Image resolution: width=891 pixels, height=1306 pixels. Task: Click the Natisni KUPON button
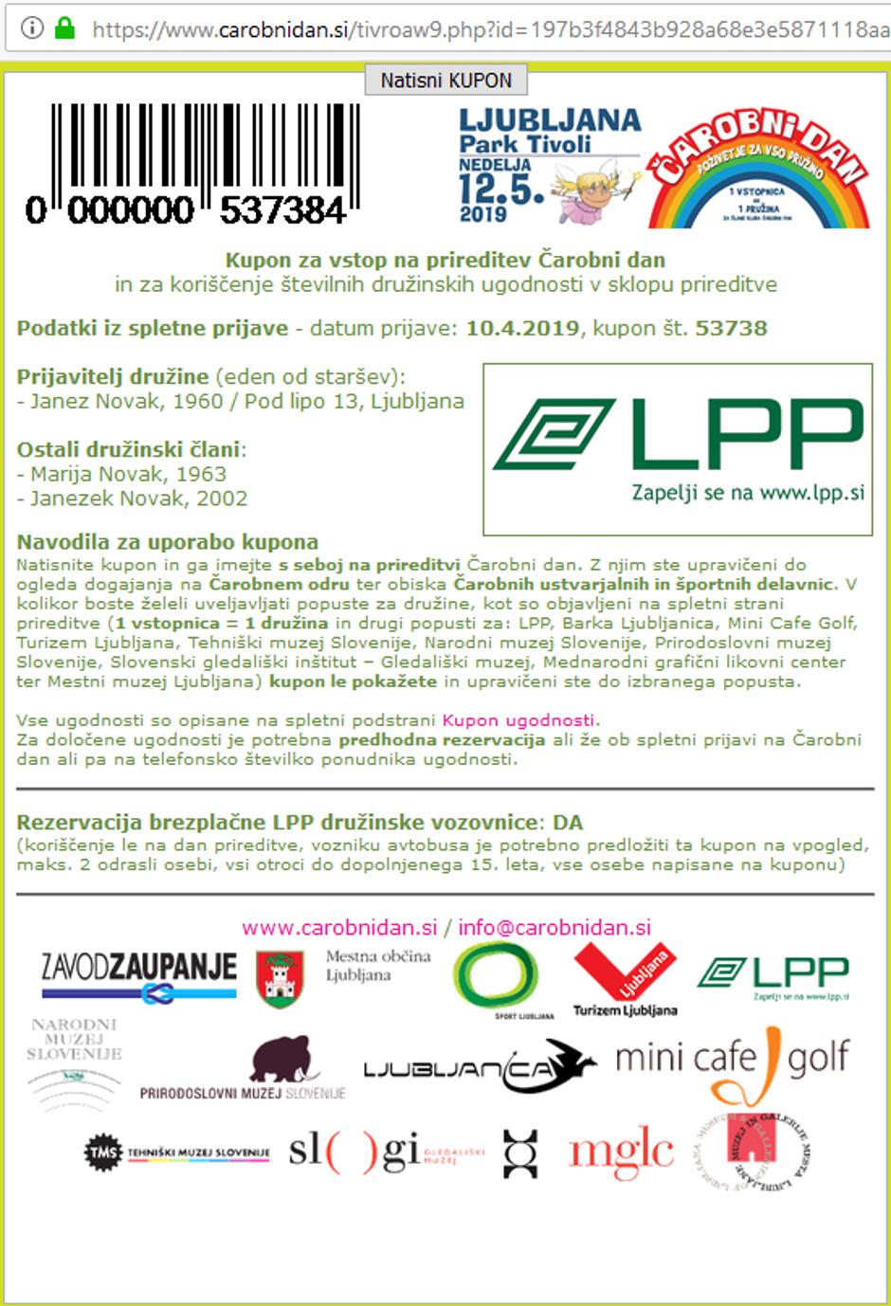445,81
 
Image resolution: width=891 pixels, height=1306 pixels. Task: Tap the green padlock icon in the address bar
64,28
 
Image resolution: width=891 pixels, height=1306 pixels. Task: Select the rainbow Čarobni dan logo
757,172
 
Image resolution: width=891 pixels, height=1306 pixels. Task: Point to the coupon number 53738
731,329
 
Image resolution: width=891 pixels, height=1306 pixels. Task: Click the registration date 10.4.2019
522,329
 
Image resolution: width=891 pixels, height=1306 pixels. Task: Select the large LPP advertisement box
678,449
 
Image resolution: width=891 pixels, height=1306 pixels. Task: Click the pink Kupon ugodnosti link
519,720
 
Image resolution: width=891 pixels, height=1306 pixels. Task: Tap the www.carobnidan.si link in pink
339,928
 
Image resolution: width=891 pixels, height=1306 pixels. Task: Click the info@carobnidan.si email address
555,928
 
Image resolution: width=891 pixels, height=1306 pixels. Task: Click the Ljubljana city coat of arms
280,979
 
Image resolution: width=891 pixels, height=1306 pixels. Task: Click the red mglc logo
621,1152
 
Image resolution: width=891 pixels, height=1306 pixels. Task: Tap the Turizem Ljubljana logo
626,980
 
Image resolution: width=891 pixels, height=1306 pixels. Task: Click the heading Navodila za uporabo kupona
168,542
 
